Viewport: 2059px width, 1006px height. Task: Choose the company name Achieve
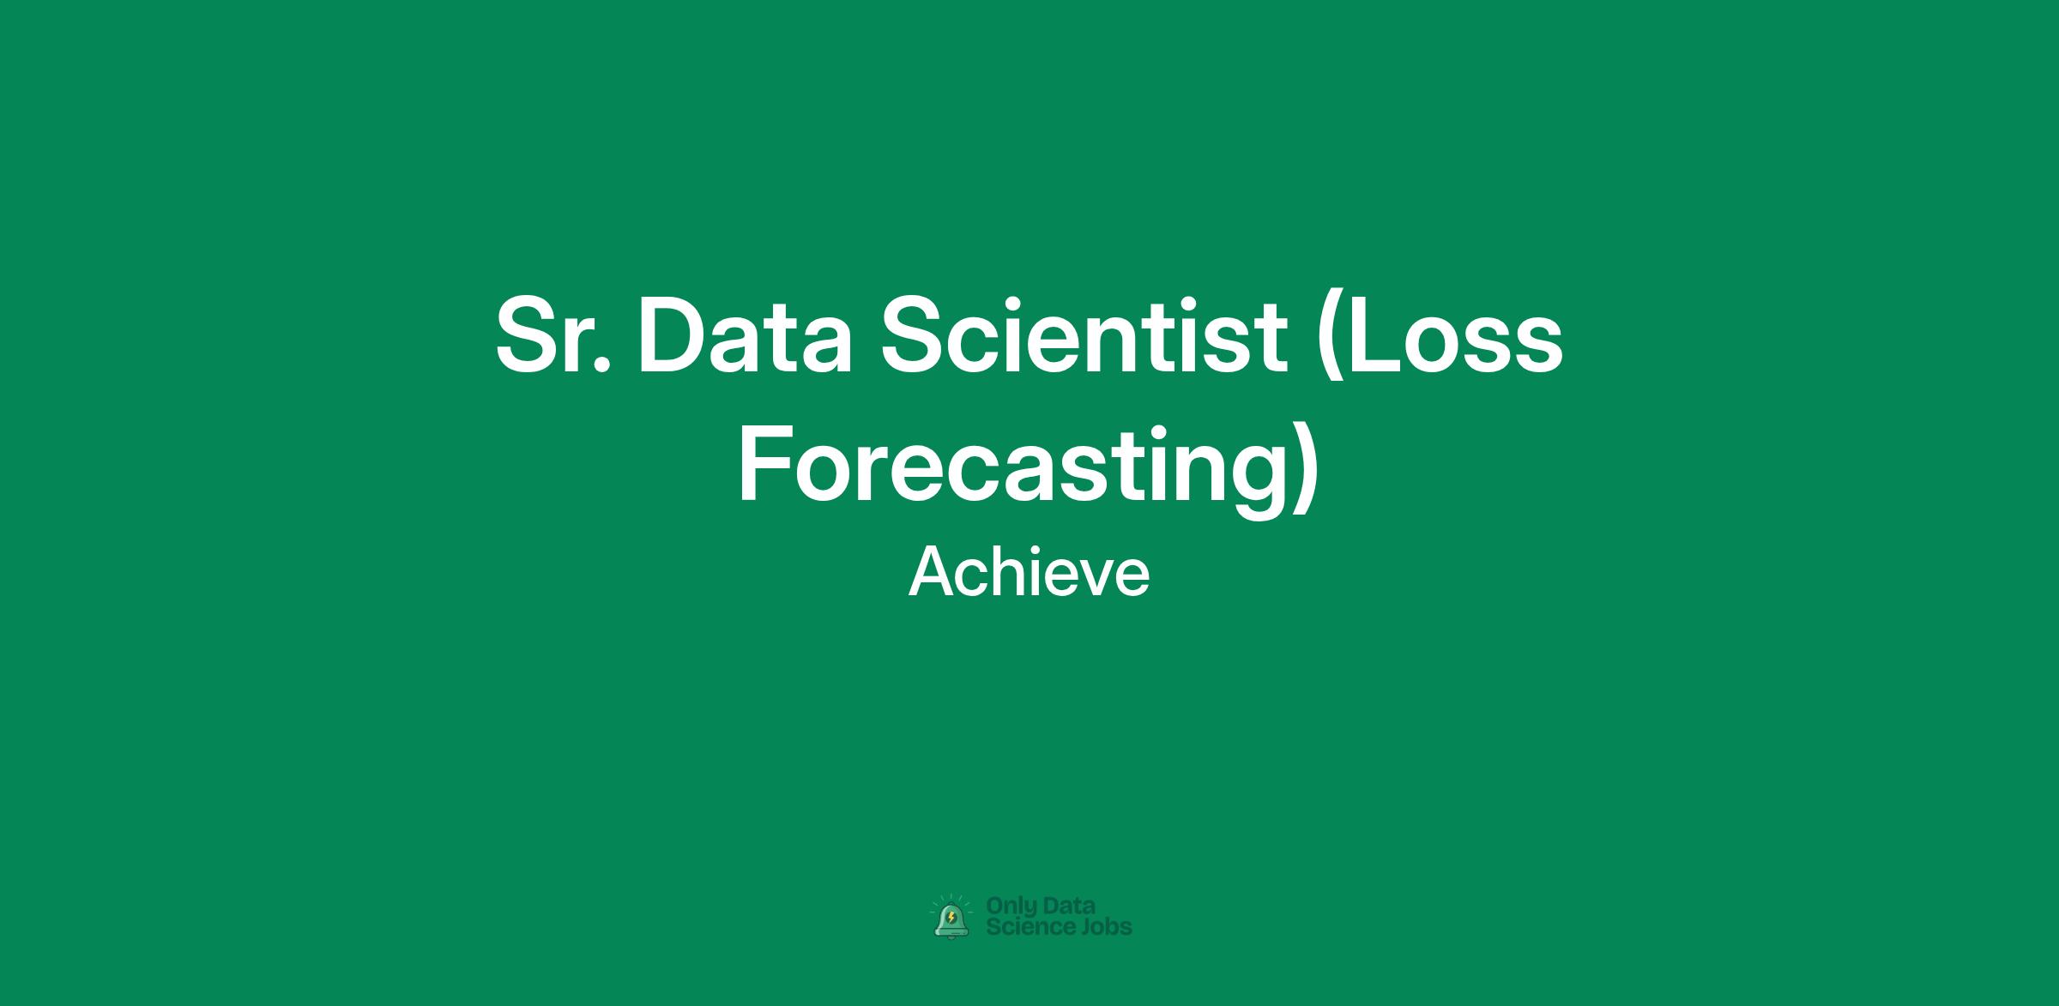pyautogui.click(x=1029, y=573)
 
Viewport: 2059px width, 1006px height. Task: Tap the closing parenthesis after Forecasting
pyautogui.click(x=1305, y=470)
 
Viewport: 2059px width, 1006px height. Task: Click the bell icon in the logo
pyautogui.click(x=951, y=919)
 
